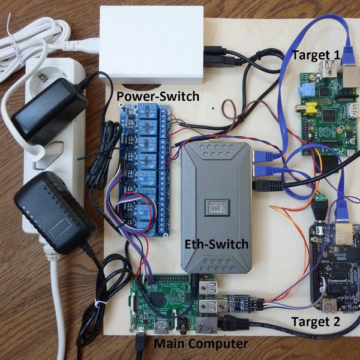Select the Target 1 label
(316, 55)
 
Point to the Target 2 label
(316, 321)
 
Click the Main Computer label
(200, 344)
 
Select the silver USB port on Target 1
(329, 69)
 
